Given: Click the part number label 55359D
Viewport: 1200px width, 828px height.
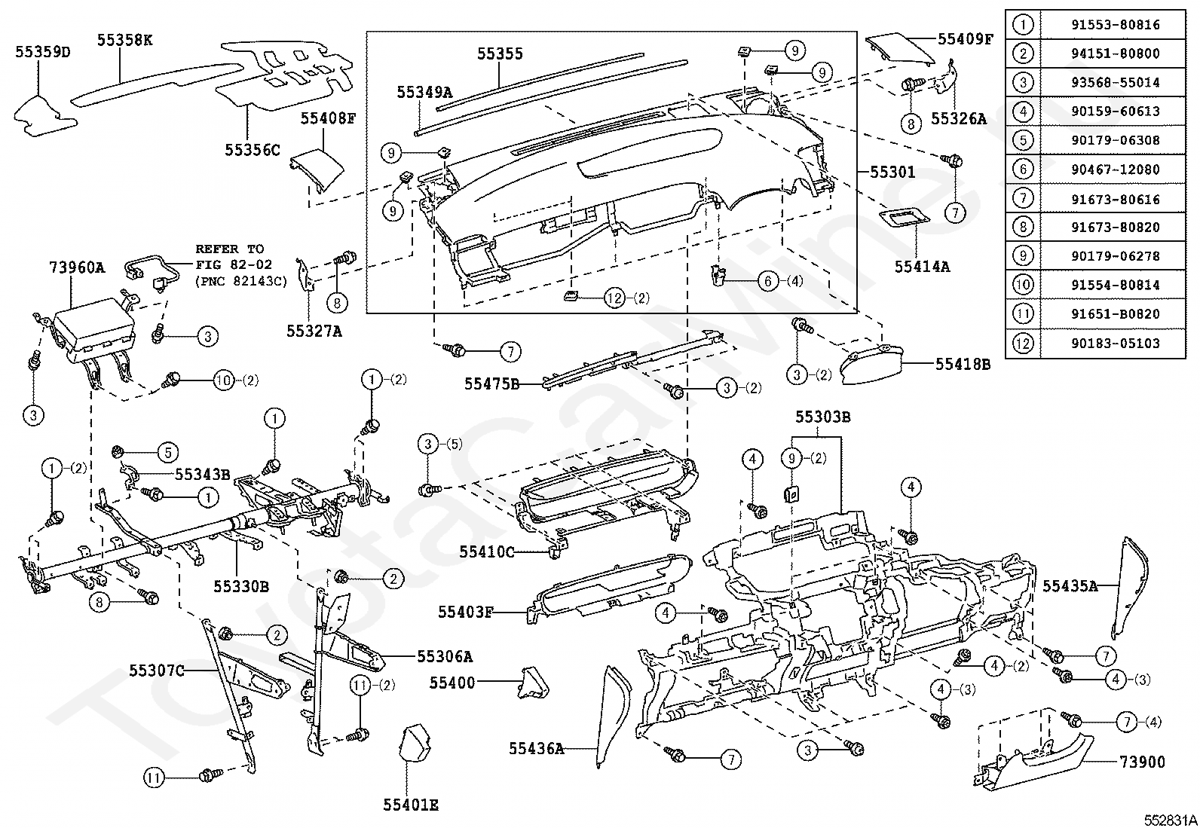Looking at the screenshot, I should tap(44, 51).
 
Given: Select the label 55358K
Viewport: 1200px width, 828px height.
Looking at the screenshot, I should tap(124, 40).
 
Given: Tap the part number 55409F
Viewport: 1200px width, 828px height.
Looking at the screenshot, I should tap(966, 38).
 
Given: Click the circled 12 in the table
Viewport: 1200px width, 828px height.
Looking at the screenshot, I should tap(1023, 344).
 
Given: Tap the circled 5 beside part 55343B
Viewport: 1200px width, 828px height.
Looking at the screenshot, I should tap(167, 453).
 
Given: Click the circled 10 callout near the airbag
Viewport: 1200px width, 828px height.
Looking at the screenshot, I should tap(225, 380).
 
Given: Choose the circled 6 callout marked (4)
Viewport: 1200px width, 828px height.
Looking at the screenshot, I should tap(767, 282).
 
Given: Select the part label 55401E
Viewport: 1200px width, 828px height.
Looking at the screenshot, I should tap(410, 805).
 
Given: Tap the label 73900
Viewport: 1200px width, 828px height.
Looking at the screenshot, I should tap(1143, 762).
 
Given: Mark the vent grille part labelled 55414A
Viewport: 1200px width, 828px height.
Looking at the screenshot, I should tap(905, 218).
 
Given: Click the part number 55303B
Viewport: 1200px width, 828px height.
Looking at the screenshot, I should tap(823, 417).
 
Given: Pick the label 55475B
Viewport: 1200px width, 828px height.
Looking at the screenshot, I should tap(491, 384).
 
